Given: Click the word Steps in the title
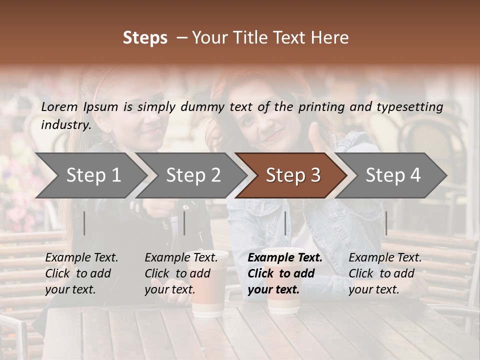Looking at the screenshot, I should click(x=145, y=38).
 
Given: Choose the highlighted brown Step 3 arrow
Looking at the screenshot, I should click(x=293, y=175).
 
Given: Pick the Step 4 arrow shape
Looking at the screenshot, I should click(x=393, y=175).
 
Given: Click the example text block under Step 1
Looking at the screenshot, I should click(x=81, y=273).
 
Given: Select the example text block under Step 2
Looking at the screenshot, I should click(x=181, y=273).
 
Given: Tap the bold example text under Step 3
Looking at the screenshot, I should click(x=285, y=273).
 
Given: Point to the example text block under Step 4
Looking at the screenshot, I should click(x=385, y=273).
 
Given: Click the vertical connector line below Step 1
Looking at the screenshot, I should click(x=84, y=223).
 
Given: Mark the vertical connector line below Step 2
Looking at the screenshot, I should click(x=184, y=223).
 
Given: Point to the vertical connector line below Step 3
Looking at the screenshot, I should click(x=285, y=223).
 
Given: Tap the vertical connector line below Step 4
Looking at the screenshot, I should click(x=386, y=223).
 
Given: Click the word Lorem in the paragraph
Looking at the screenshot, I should click(x=59, y=106).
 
